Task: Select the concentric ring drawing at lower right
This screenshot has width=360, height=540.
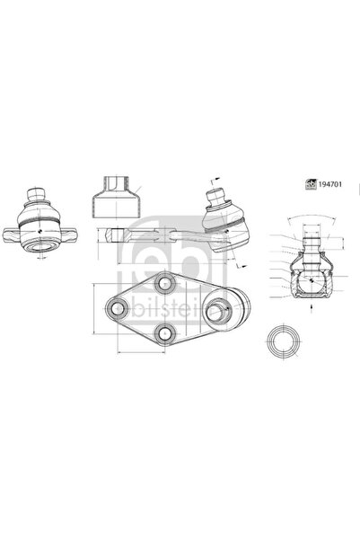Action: point(282,345)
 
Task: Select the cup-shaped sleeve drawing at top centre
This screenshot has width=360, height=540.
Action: point(116,195)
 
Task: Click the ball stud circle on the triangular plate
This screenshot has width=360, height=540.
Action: point(219,311)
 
